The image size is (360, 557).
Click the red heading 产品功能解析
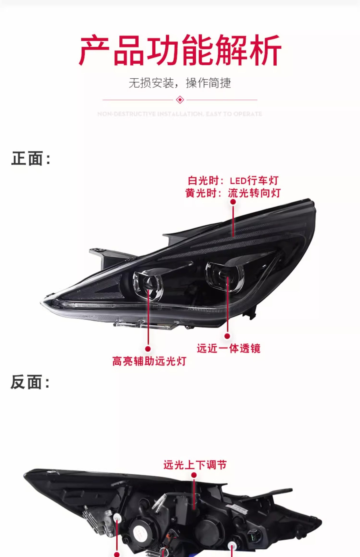click(180, 50)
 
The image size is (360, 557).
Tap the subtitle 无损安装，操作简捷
click(180, 83)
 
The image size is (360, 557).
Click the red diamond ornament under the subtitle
click(180, 100)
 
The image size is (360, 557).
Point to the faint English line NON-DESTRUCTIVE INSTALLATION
click(180, 114)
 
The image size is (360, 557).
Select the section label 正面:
click(31, 158)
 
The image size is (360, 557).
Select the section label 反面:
click(30, 382)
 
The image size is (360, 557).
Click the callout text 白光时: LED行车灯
click(233, 180)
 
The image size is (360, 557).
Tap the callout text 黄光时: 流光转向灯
click(233, 193)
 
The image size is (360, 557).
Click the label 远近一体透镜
click(228, 348)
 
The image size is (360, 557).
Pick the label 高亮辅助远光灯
click(149, 361)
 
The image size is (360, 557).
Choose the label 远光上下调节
click(195, 465)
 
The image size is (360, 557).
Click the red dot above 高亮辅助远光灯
click(148, 349)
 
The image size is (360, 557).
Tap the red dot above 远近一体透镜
click(227, 336)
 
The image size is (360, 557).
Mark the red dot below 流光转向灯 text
click(233, 202)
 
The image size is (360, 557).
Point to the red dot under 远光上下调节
click(194, 475)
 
